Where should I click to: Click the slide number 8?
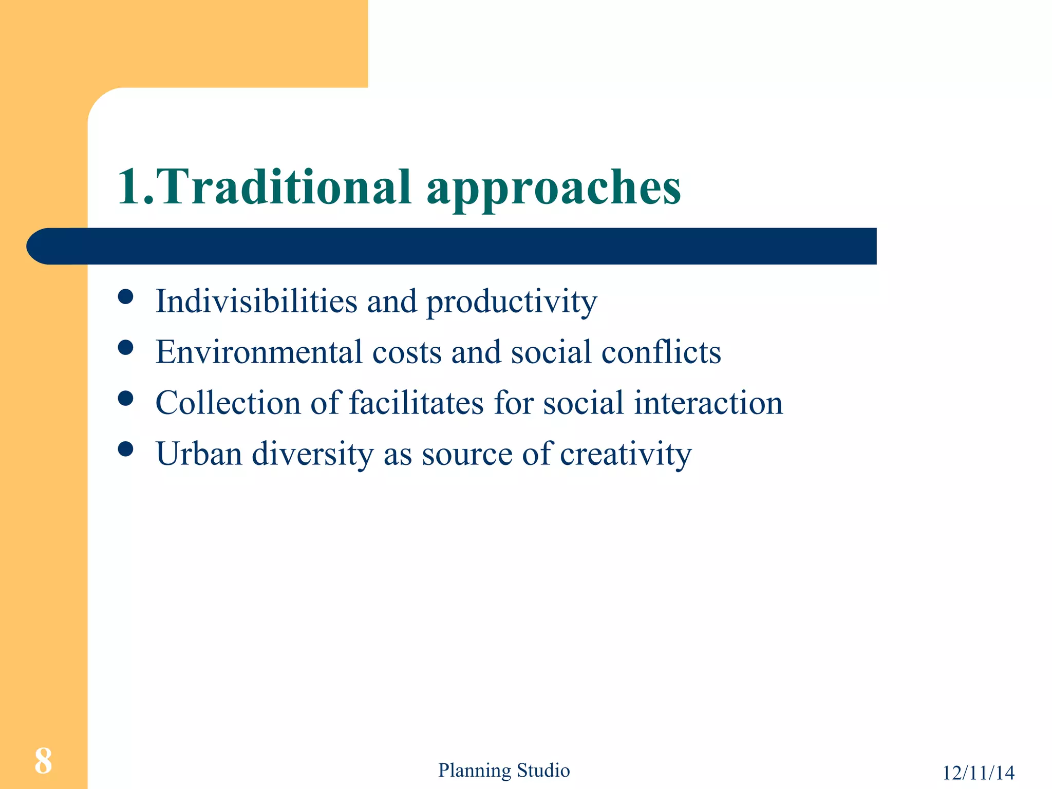43,761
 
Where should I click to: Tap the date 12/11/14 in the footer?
978,773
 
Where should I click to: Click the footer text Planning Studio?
503,771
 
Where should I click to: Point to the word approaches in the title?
554,189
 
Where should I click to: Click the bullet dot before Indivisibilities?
125,296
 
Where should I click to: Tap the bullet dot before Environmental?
125,348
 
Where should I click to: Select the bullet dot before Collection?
125,399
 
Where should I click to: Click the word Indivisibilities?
256,300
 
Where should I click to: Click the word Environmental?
259,352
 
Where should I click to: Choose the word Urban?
199,454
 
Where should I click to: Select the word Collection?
228,403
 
